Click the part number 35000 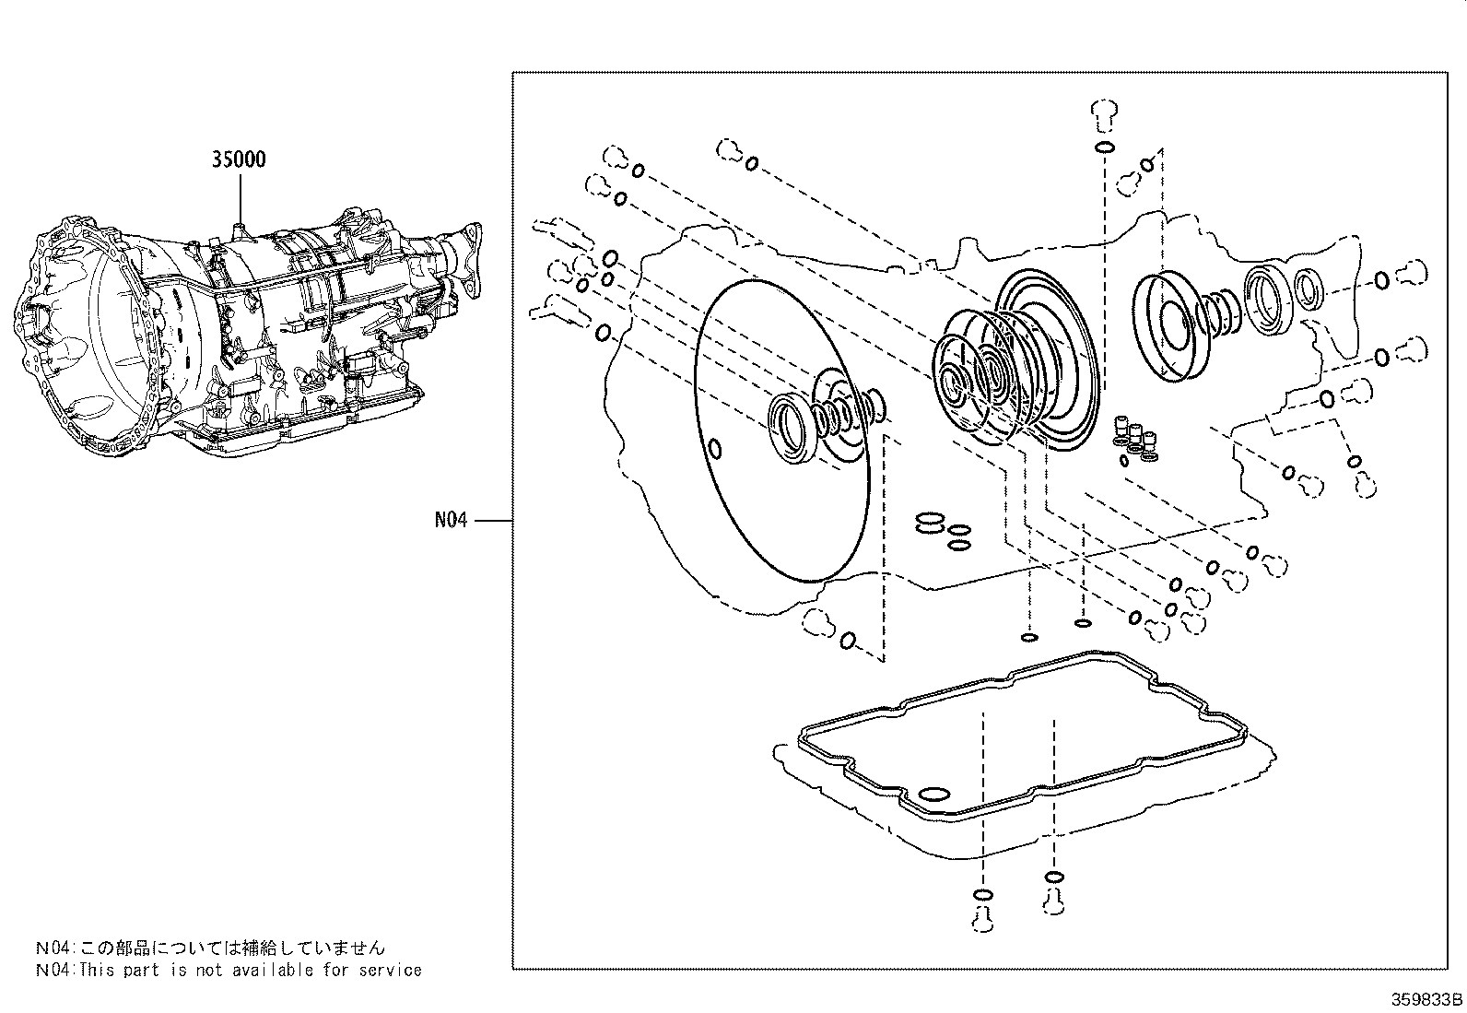point(239,159)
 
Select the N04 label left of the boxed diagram point(451,520)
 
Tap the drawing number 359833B point(1426,999)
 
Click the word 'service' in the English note point(391,970)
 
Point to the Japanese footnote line point(210,948)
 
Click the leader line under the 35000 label point(240,197)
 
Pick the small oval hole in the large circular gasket point(715,450)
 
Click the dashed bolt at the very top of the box point(1104,115)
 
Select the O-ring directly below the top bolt point(1104,147)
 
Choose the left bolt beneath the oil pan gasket point(983,918)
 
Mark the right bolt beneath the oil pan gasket point(1054,901)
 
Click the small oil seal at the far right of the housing point(1309,289)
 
